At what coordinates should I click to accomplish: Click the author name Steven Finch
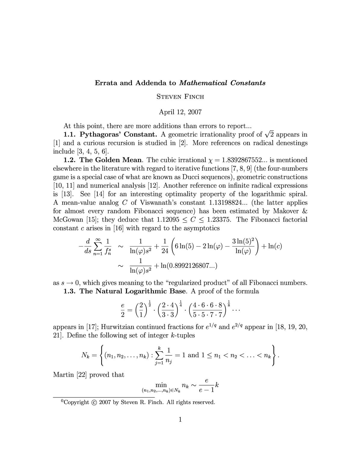180,97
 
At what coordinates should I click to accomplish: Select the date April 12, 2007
180,112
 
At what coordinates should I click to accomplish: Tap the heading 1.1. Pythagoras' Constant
110,134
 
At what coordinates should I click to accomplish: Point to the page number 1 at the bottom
180,419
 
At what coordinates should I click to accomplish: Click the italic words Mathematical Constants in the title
222,83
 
